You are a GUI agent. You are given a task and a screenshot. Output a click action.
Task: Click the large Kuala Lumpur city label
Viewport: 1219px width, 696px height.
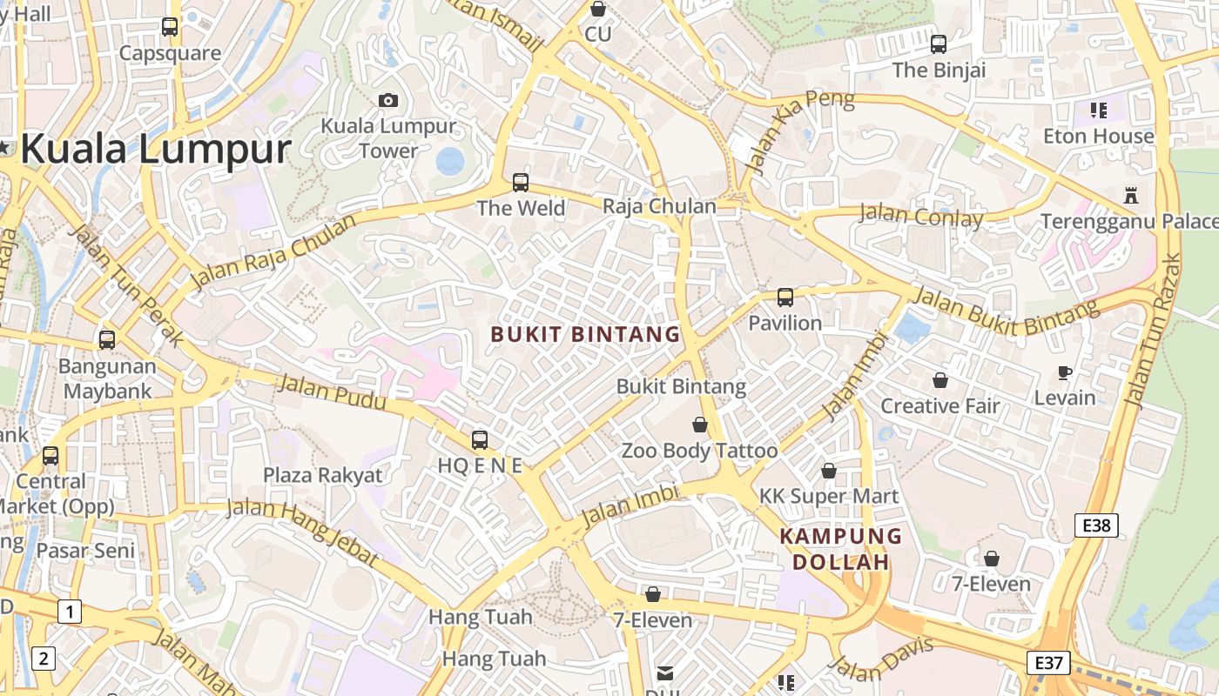coord(155,149)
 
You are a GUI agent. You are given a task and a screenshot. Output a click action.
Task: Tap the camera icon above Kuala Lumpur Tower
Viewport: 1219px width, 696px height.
coord(388,100)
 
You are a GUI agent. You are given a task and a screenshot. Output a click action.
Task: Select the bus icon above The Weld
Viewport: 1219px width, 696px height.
coord(521,183)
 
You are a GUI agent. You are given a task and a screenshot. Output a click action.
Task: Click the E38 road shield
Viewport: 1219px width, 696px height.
coord(1095,525)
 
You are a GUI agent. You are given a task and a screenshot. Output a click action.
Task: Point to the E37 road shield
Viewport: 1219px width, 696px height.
coord(1047,662)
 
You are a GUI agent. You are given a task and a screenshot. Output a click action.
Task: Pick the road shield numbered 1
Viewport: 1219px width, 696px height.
coord(70,612)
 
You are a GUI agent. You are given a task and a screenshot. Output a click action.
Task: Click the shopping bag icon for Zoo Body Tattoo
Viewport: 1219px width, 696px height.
coord(699,425)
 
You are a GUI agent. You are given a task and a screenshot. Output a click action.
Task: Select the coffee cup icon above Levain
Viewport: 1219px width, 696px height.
coord(1064,372)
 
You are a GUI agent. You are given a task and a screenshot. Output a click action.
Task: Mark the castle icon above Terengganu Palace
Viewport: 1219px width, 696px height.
coord(1131,195)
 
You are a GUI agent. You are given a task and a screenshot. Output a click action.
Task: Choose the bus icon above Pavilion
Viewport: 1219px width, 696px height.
coord(785,298)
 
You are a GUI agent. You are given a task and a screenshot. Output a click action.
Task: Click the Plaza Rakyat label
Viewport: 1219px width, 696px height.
coord(323,475)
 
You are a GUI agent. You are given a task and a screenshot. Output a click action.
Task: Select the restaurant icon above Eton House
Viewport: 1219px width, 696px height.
coord(1098,110)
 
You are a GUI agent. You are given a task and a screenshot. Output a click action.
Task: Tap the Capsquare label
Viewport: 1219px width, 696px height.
coord(170,53)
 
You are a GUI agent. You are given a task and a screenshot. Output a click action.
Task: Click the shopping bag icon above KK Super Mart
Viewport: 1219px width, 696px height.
coord(829,471)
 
